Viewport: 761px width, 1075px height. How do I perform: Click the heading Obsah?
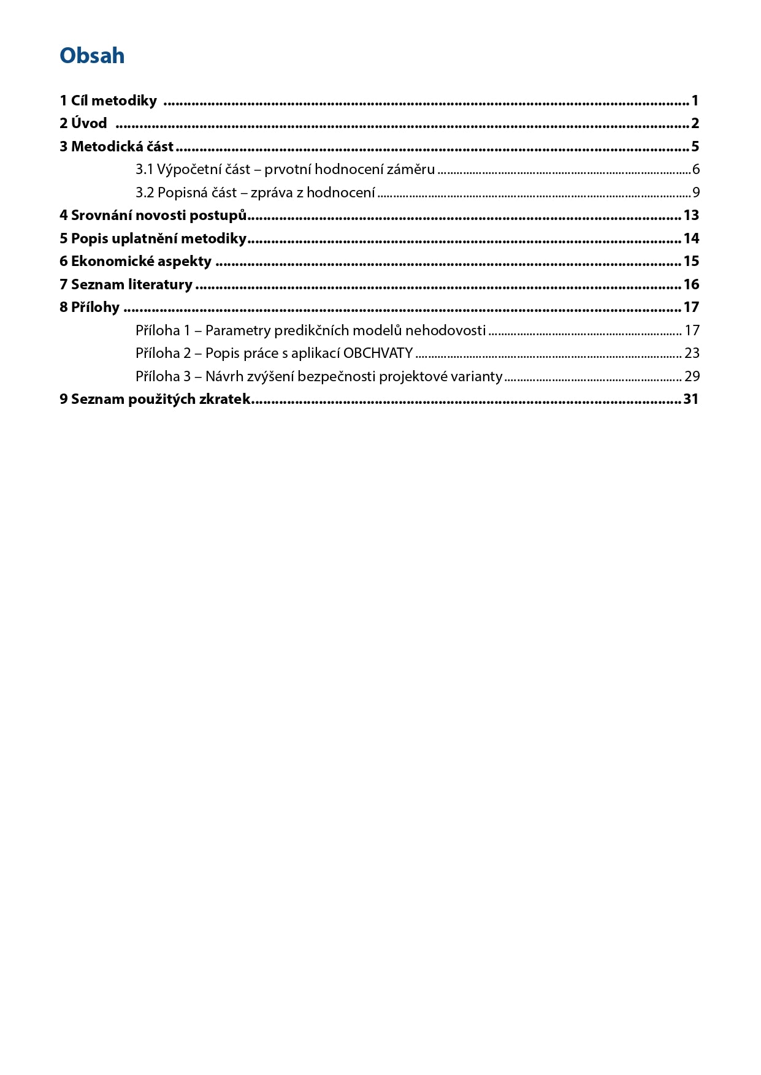[x=92, y=56]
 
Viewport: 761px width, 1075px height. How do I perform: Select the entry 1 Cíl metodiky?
[x=108, y=101]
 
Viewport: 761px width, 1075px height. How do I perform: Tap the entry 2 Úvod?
[x=83, y=123]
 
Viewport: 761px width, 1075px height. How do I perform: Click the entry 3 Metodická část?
[x=117, y=146]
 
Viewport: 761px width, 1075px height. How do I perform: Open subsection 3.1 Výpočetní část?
[x=285, y=169]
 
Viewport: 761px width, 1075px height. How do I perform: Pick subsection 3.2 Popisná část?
[x=255, y=192]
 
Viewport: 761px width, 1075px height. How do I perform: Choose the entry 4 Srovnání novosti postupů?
[x=153, y=215]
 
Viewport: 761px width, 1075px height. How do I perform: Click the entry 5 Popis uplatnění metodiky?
[x=153, y=238]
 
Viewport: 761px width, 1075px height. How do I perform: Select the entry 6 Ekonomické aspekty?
[x=136, y=261]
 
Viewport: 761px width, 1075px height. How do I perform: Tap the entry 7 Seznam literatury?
[x=126, y=284]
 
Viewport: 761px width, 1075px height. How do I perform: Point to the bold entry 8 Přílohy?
[x=90, y=307]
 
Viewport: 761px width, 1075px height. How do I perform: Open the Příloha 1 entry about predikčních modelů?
[x=310, y=330]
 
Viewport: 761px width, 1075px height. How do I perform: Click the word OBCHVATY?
[x=378, y=353]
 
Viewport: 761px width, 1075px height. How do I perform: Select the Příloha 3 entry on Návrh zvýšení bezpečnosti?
[x=319, y=376]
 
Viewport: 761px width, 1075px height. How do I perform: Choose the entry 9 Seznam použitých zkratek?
[x=155, y=399]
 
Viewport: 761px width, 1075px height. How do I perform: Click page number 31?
[x=691, y=399]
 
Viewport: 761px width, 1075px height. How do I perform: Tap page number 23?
[x=692, y=353]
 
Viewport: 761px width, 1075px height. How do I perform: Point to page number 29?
[x=692, y=376]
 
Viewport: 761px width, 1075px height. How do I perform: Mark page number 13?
[x=691, y=215]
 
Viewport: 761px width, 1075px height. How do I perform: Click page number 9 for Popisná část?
[x=696, y=192]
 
